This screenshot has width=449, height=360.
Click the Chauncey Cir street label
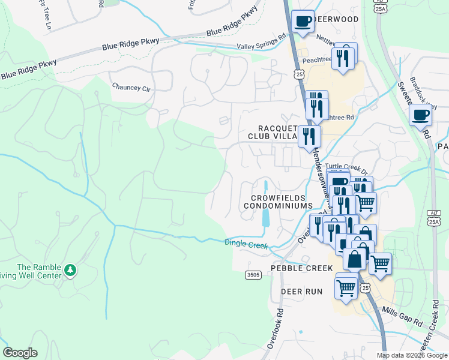(131, 87)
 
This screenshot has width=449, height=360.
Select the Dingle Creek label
(245, 244)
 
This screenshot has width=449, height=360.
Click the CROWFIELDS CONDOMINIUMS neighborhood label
(278, 202)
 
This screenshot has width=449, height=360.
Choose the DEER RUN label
(302, 292)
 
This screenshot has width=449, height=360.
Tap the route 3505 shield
(253, 275)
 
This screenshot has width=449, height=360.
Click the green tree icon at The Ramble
(71, 270)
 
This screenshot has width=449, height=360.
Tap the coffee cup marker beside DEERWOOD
(303, 22)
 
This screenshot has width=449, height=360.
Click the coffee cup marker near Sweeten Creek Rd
(420, 115)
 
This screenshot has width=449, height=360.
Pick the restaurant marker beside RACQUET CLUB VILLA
(309, 136)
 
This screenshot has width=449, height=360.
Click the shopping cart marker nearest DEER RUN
(346, 287)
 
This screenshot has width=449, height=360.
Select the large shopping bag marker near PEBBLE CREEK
(355, 259)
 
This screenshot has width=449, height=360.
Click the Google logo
(20, 353)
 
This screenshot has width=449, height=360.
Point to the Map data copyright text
(411, 355)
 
